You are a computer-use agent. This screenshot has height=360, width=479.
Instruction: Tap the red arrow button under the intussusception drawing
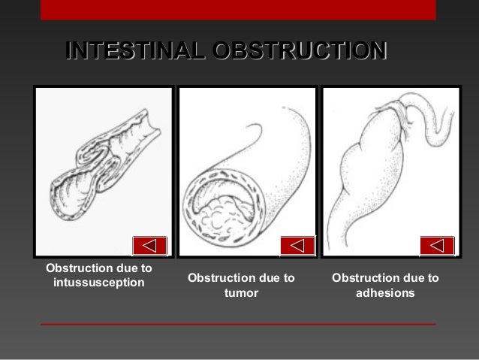click(149, 245)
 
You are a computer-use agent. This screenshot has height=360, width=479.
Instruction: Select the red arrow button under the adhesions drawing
click(437, 245)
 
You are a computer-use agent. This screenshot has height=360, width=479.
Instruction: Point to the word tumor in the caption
click(242, 293)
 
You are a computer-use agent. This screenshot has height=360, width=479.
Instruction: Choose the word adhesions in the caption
click(385, 293)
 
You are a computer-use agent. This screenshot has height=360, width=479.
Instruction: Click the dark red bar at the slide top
click(238, 9)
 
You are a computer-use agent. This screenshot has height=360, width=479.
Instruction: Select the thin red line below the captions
click(238, 324)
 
